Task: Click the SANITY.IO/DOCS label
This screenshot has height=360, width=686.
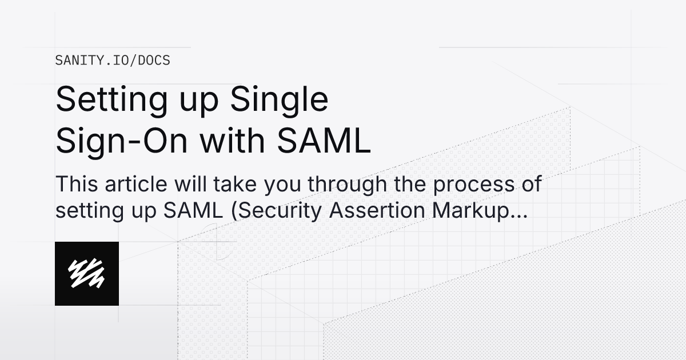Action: (x=112, y=60)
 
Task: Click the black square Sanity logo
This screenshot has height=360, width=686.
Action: (x=87, y=274)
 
